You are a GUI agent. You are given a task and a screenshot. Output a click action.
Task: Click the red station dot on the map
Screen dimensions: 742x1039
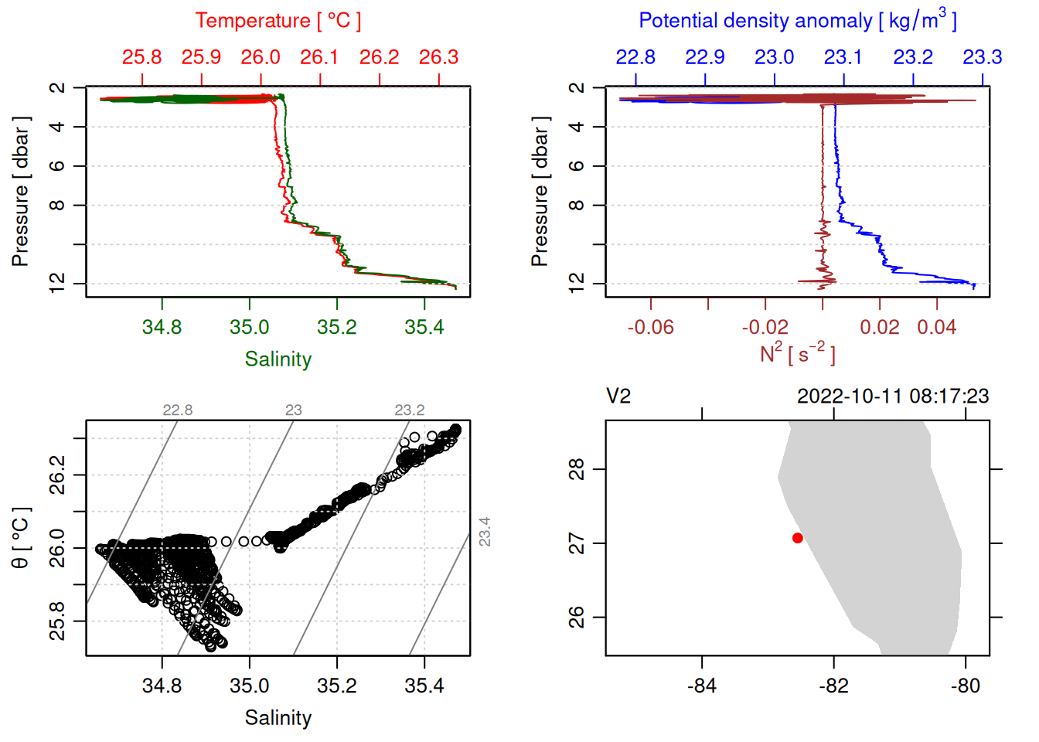(797, 538)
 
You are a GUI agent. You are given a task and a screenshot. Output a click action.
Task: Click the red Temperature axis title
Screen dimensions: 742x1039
(278, 21)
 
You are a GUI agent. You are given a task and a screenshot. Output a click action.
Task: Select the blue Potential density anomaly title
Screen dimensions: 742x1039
(797, 21)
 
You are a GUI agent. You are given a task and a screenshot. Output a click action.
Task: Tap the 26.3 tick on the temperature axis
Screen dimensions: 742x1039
(438, 58)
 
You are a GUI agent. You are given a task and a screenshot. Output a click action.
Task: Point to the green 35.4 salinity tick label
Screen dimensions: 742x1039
(424, 327)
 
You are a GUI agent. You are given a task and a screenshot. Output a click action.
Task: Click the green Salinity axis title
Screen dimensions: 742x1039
(278, 359)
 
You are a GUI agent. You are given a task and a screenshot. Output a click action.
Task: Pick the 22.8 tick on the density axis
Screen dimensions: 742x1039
(635, 58)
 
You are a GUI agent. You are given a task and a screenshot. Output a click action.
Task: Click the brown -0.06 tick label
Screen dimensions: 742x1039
(650, 327)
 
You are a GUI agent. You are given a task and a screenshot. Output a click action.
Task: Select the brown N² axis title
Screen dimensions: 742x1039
(797, 354)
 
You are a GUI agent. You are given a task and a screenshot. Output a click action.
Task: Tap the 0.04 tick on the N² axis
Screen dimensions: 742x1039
(936, 327)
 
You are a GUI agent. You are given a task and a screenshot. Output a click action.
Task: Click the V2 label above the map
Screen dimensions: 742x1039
(618, 397)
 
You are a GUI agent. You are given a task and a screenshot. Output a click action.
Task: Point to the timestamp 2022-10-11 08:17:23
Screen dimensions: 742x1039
(893, 397)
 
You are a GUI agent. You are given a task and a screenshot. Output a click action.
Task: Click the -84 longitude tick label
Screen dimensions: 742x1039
(701, 686)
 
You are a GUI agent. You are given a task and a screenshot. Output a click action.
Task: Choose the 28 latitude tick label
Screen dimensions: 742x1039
(577, 469)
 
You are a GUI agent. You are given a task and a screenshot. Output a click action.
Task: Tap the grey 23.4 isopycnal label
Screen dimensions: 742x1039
(485, 532)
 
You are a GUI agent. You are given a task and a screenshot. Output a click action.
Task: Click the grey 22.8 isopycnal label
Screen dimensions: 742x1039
(177, 410)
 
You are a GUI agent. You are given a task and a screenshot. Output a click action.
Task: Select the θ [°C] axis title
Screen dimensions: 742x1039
(21, 538)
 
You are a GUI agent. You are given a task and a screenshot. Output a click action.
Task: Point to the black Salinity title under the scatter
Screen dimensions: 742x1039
(278, 718)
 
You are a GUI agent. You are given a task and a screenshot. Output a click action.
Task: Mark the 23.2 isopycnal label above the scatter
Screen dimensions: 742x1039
(409, 410)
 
